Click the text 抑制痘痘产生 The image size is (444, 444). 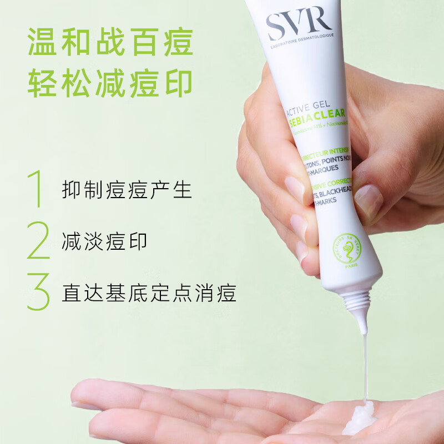(x=127, y=190)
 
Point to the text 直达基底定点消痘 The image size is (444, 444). (x=149, y=293)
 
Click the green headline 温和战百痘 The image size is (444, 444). (x=110, y=42)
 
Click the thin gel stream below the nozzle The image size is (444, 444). (x=366, y=366)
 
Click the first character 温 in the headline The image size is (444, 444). (x=43, y=42)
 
